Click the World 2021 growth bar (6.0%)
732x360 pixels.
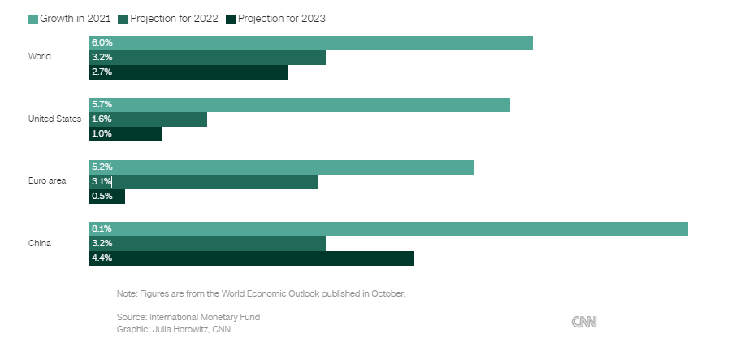click(310, 43)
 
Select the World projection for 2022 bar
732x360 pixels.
click(207, 58)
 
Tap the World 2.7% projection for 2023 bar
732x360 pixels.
click(188, 72)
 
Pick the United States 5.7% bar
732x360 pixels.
click(299, 105)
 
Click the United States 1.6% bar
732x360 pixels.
click(148, 119)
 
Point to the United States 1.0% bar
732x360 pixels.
click(126, 134)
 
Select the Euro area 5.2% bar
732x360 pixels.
click(281, 167)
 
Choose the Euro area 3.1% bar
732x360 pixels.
click(203, 182)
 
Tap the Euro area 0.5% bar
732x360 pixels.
click(107, 197)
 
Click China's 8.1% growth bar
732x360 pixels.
click(388, 229)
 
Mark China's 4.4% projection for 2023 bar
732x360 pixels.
click(251, 258)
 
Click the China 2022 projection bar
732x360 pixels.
click(207, 244)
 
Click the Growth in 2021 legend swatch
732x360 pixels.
click(32, 19)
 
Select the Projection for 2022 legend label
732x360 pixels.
click(175, 19)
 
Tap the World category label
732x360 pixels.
click(40, 57)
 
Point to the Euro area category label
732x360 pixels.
click(47, 181)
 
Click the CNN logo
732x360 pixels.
click(584, 322)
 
